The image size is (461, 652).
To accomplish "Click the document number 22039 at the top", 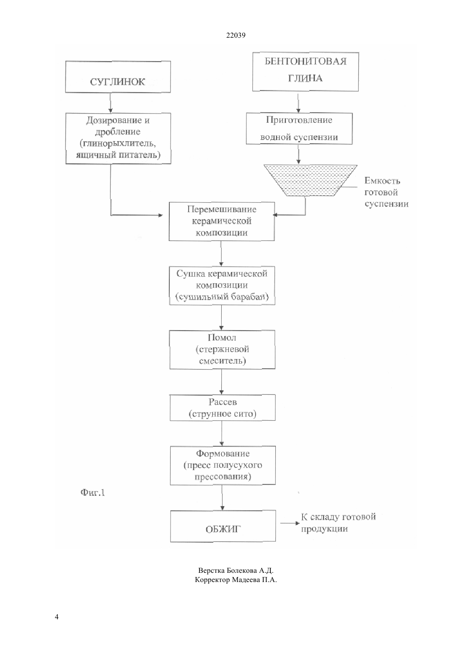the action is [x=236, y=35].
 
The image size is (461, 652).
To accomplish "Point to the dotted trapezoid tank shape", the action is [x=311, y=180].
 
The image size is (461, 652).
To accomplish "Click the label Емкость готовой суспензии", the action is [x=386, y=192].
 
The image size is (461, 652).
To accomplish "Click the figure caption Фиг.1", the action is [x=93, y=492].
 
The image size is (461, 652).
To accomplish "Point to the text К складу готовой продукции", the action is [x=338, y=523].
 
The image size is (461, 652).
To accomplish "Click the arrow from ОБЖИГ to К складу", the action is [x=290, y=523].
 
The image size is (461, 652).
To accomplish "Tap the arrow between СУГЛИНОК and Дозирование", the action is [x=111, y=103].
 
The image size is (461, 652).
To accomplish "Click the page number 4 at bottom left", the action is [x=57, y=617].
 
